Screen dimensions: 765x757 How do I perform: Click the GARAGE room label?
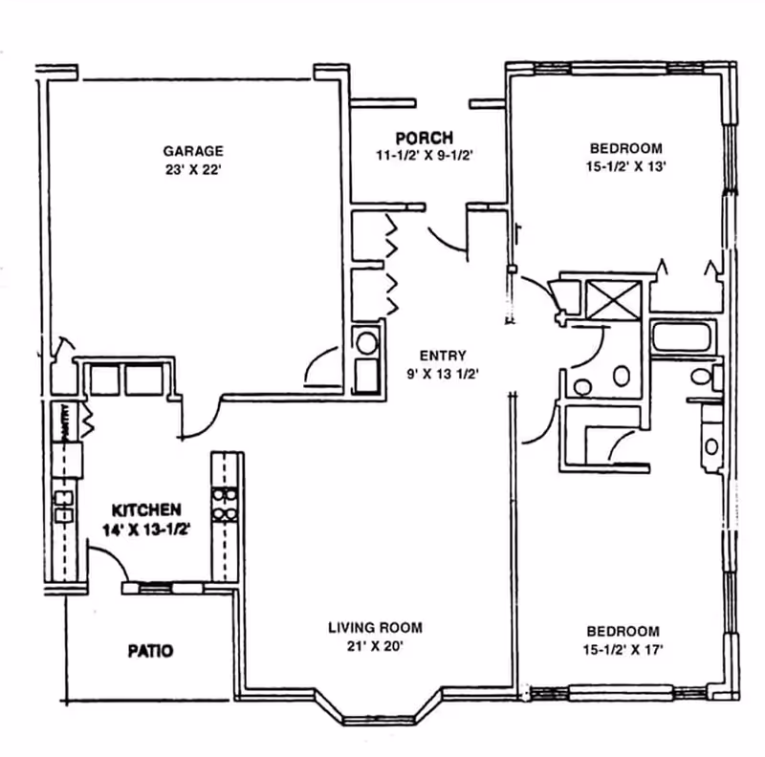point(193,151)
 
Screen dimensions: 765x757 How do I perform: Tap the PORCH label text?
point(424,138)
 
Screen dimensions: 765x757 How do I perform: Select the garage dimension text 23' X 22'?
point(193,170)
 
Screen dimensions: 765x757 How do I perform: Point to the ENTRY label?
point(443,356)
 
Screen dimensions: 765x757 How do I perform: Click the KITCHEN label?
point(146,510)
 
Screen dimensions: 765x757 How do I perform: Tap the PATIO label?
point(150,651)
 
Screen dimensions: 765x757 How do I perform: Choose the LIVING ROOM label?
point(375,627)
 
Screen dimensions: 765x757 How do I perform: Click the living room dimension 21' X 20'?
point(375,646)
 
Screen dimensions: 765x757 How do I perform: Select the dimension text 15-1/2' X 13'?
point(626,166)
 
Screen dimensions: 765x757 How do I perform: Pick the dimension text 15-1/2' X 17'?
point(623,650)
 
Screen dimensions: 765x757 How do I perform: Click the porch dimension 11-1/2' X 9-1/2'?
point(425,156)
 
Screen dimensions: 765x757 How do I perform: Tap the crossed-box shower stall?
point(613,300)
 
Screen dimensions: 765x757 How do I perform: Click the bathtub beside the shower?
point(682,336)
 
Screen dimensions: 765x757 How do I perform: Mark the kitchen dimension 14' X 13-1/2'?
point(146,530)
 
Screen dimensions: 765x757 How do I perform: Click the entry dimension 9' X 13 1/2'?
point(443,374)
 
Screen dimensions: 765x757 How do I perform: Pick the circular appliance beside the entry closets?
point(367,343)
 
